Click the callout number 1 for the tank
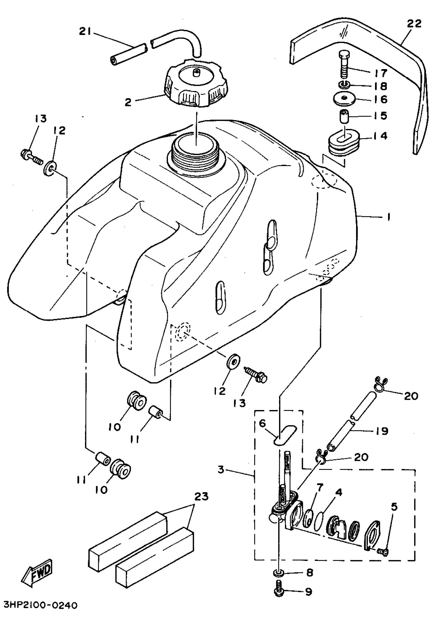pyautogui.click(x=389, y=217)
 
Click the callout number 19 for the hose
pyautogui.click(x=382, y=431)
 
